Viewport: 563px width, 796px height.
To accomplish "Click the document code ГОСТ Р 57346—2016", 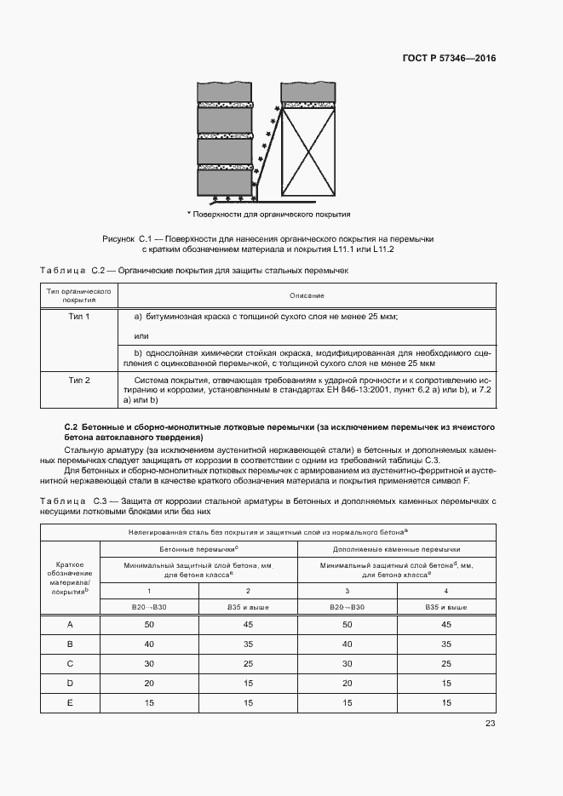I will [x=449, y=59].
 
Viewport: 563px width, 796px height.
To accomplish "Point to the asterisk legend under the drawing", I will [x=269, y=214].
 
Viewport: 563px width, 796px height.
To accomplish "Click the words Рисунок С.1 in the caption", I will [x=126, y=239].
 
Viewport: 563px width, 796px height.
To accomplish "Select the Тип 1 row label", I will [x=79, y=316].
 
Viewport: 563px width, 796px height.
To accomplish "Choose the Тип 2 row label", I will [x=79, y=380].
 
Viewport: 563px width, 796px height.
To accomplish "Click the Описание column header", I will [x=306, y=295].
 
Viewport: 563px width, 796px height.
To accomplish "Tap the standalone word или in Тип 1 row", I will [x=143, y=336].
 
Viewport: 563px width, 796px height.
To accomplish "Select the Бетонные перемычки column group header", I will [x=198, y=549].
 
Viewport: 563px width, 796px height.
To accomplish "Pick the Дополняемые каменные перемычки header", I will [x=396, y=549].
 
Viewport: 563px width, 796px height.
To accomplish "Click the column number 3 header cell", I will [x=348, y=590].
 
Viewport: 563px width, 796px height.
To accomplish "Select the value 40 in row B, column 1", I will [x=150, y=644].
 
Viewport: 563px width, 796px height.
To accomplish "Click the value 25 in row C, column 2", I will [x=248, y=662].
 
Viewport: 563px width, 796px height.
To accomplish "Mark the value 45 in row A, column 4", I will [x=445, y=625].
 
